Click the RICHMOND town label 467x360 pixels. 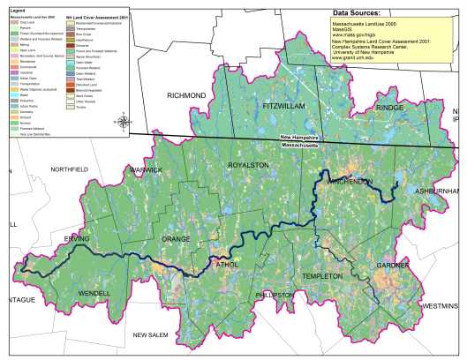click(x=186, y=94)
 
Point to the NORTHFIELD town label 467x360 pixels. click(x=70, y=169)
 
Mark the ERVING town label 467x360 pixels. click(x=77, y=239)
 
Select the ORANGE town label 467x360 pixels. click(x=175, y=239)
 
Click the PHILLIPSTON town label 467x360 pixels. click(x=279, y=295)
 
